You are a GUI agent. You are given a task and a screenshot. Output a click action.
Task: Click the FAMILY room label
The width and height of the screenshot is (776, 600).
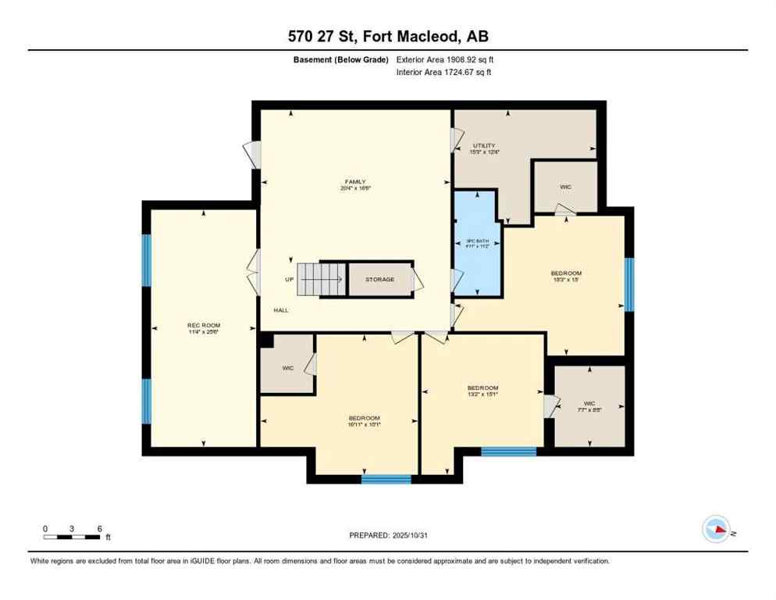tap(355, 185)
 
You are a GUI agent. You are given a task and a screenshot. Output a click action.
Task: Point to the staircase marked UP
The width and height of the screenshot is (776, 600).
tap(321, 278)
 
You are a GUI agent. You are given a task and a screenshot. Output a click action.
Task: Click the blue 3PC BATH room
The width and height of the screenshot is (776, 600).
tap(477, 243)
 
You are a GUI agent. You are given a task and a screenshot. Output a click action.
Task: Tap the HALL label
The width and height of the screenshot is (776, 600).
tap(281, 310)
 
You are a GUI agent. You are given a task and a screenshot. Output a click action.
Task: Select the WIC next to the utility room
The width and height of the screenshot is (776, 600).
tap(565, 187)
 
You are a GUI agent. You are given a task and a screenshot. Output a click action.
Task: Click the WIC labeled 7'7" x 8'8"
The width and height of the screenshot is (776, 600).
tap(589, 405)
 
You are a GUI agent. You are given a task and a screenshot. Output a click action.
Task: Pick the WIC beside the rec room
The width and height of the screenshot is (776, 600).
tap(287, 366)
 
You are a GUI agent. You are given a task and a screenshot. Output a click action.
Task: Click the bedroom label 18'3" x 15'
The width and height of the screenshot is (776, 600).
tap(566, 277)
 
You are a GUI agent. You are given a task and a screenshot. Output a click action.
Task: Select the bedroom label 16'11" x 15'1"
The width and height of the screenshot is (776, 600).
tap(365, 420)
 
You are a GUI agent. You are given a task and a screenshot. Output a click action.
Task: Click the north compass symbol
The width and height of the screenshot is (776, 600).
tap(716, 530)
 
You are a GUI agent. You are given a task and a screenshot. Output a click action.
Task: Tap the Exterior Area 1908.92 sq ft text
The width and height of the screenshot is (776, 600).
tap(445, 59)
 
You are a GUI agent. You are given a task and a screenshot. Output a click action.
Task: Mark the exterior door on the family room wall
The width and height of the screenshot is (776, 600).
tap(251, 153)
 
